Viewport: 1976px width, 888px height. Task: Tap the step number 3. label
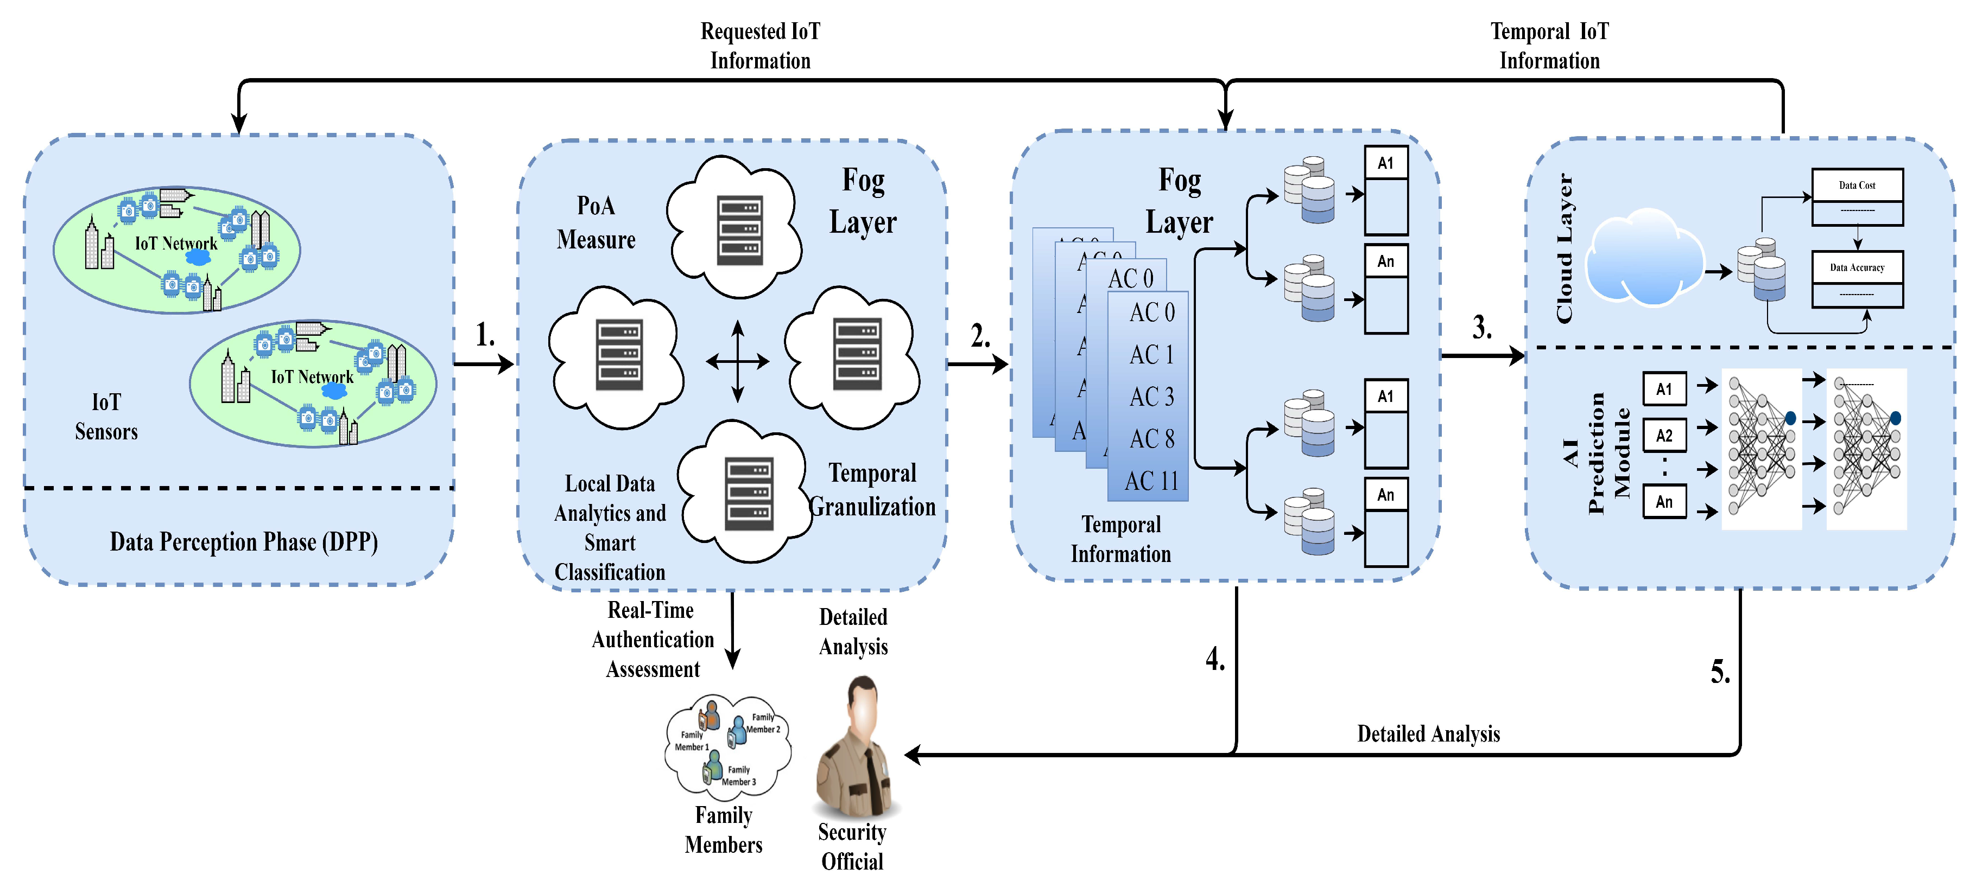click(x=1482, y=328)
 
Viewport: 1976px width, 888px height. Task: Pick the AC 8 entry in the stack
click(x=1151, y=439)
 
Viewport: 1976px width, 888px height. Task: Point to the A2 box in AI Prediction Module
click(x=1664, y=436)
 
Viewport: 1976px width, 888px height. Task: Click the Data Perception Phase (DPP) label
click(x=243, y=541)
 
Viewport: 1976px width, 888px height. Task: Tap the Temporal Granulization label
click(x=872, y=489)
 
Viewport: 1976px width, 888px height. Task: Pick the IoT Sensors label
click(x=106, y=417)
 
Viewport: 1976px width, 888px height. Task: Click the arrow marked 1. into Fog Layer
click(x=485, y=363)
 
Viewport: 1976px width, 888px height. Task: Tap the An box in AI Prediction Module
click(x=1664, y=502)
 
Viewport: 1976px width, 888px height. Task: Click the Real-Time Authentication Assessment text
click(x=652, y=639)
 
